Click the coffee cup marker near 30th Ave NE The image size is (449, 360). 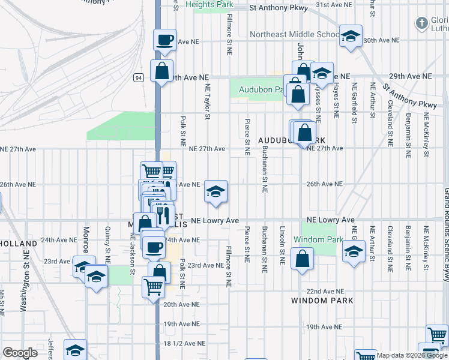(x=165, y=41)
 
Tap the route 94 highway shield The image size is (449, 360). (x=138, y=77)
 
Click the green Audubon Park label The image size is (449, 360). (x=261, y=89)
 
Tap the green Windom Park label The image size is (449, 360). (x=318, y=239)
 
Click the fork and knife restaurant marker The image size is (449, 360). (x=162, y=212)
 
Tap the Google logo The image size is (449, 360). (x=20, y=353)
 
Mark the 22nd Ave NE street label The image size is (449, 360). (x=324, y=291)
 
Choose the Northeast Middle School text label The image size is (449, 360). (x=295, y=34)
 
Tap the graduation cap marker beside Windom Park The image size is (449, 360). (x=354, y=252)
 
